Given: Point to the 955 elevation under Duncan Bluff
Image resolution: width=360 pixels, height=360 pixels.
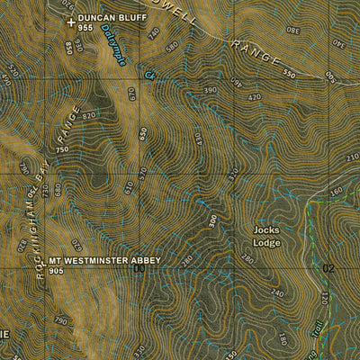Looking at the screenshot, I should pyautogui.click(x=85, y=28).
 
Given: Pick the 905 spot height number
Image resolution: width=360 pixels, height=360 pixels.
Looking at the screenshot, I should pyautogui.click(x=58, y=270).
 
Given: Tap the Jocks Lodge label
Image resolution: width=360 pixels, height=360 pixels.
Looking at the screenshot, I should pyautogui.click(x=266, y=237).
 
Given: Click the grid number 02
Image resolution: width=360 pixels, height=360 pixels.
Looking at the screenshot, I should pyautogui.click(x=328, y=268).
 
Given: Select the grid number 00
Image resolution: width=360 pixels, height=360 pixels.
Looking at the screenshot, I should pyautogui.click(x=139, y=268).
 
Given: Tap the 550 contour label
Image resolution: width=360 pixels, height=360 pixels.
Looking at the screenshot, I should pyautogui.click(x=288, y=74).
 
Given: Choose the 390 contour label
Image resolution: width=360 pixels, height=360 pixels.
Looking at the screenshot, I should pyautogui.click(x=211, y=91).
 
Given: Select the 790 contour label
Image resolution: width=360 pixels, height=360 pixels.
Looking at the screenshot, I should pyautogui.click(x=61, y=320).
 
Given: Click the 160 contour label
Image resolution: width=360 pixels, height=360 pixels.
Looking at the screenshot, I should pyautogui.click(x=336, y=191).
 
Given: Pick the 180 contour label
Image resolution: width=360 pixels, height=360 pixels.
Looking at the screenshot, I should pyautogui.click(x=282, y=339).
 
